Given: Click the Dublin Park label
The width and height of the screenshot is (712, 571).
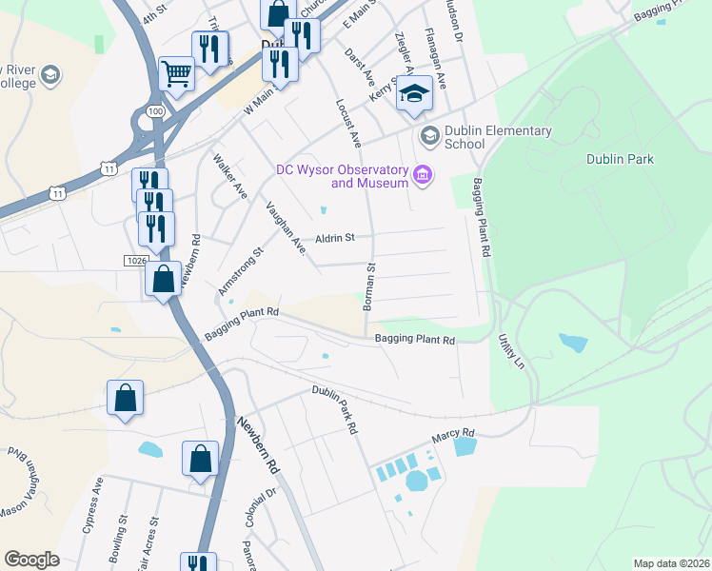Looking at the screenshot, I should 620,160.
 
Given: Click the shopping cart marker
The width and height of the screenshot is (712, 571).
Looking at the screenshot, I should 177,72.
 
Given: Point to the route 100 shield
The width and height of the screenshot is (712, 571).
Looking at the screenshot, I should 152,112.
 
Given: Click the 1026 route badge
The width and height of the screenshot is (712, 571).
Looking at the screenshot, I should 136,260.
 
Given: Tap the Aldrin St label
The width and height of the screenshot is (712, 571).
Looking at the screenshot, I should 335,237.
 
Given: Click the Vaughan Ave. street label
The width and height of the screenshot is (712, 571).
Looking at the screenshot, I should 286,228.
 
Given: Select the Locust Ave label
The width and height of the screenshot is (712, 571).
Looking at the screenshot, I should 347,121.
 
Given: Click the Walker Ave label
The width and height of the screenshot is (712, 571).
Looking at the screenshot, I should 230,176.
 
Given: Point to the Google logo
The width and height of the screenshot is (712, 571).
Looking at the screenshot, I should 31,560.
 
